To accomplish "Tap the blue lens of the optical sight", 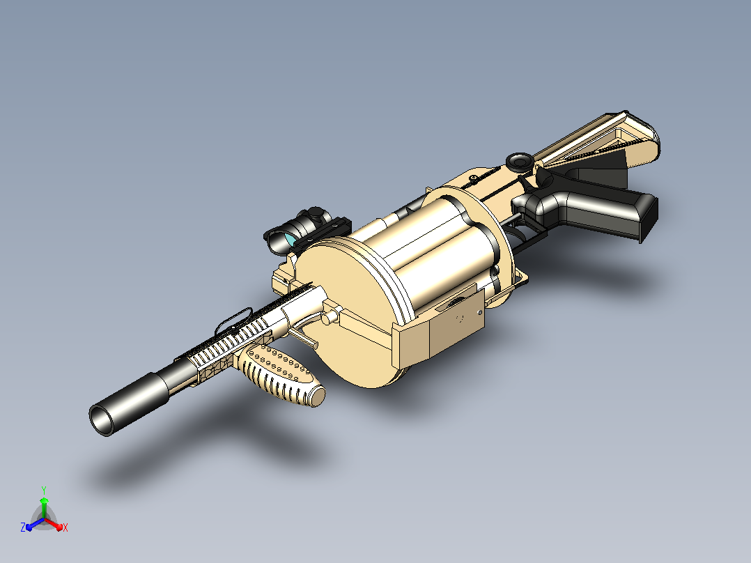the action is click(x=289, y=238).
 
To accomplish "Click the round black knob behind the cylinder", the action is click(x=520, y=162).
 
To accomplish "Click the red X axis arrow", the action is click(x=54, y=524).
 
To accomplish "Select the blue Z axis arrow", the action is click(x=35, y=525).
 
